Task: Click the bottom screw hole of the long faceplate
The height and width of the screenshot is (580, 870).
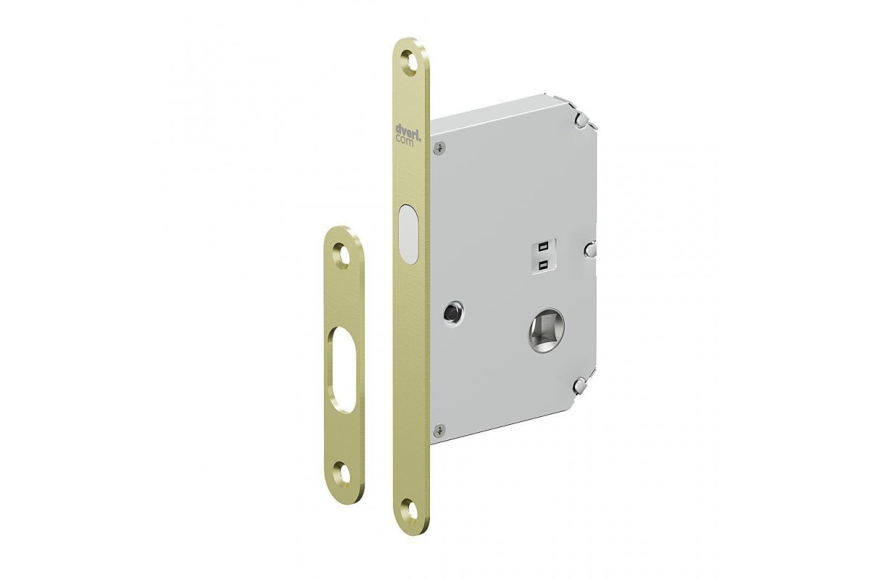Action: [x=409, y=509]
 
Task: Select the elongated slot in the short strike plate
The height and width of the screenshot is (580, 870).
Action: [x=343, y=369]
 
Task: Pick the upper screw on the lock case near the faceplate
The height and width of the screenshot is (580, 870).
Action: [x=439, y=148]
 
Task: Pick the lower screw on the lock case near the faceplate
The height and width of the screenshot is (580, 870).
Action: [x=439, y=429]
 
